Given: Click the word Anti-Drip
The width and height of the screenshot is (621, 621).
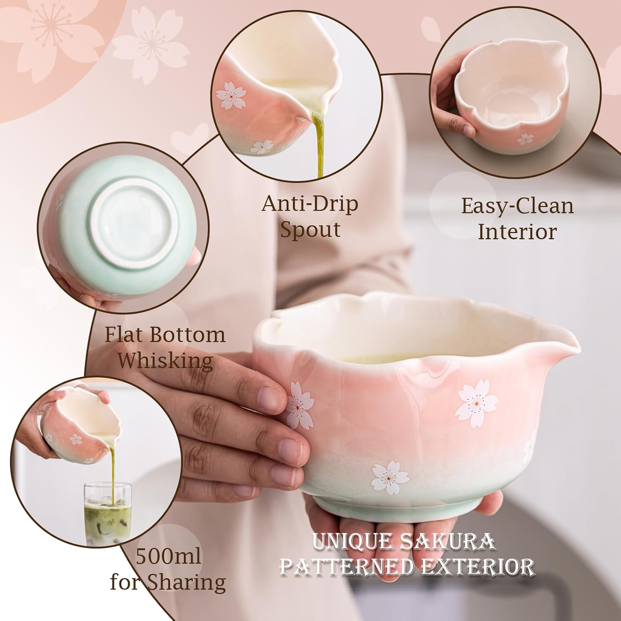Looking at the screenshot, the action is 310,204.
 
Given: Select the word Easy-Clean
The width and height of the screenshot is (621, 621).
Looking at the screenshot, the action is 517,207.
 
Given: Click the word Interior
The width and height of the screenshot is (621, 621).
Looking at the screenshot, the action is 517,231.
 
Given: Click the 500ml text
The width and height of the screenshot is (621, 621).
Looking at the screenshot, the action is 168,556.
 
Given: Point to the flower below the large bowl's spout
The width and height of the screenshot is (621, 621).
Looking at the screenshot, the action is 477,402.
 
